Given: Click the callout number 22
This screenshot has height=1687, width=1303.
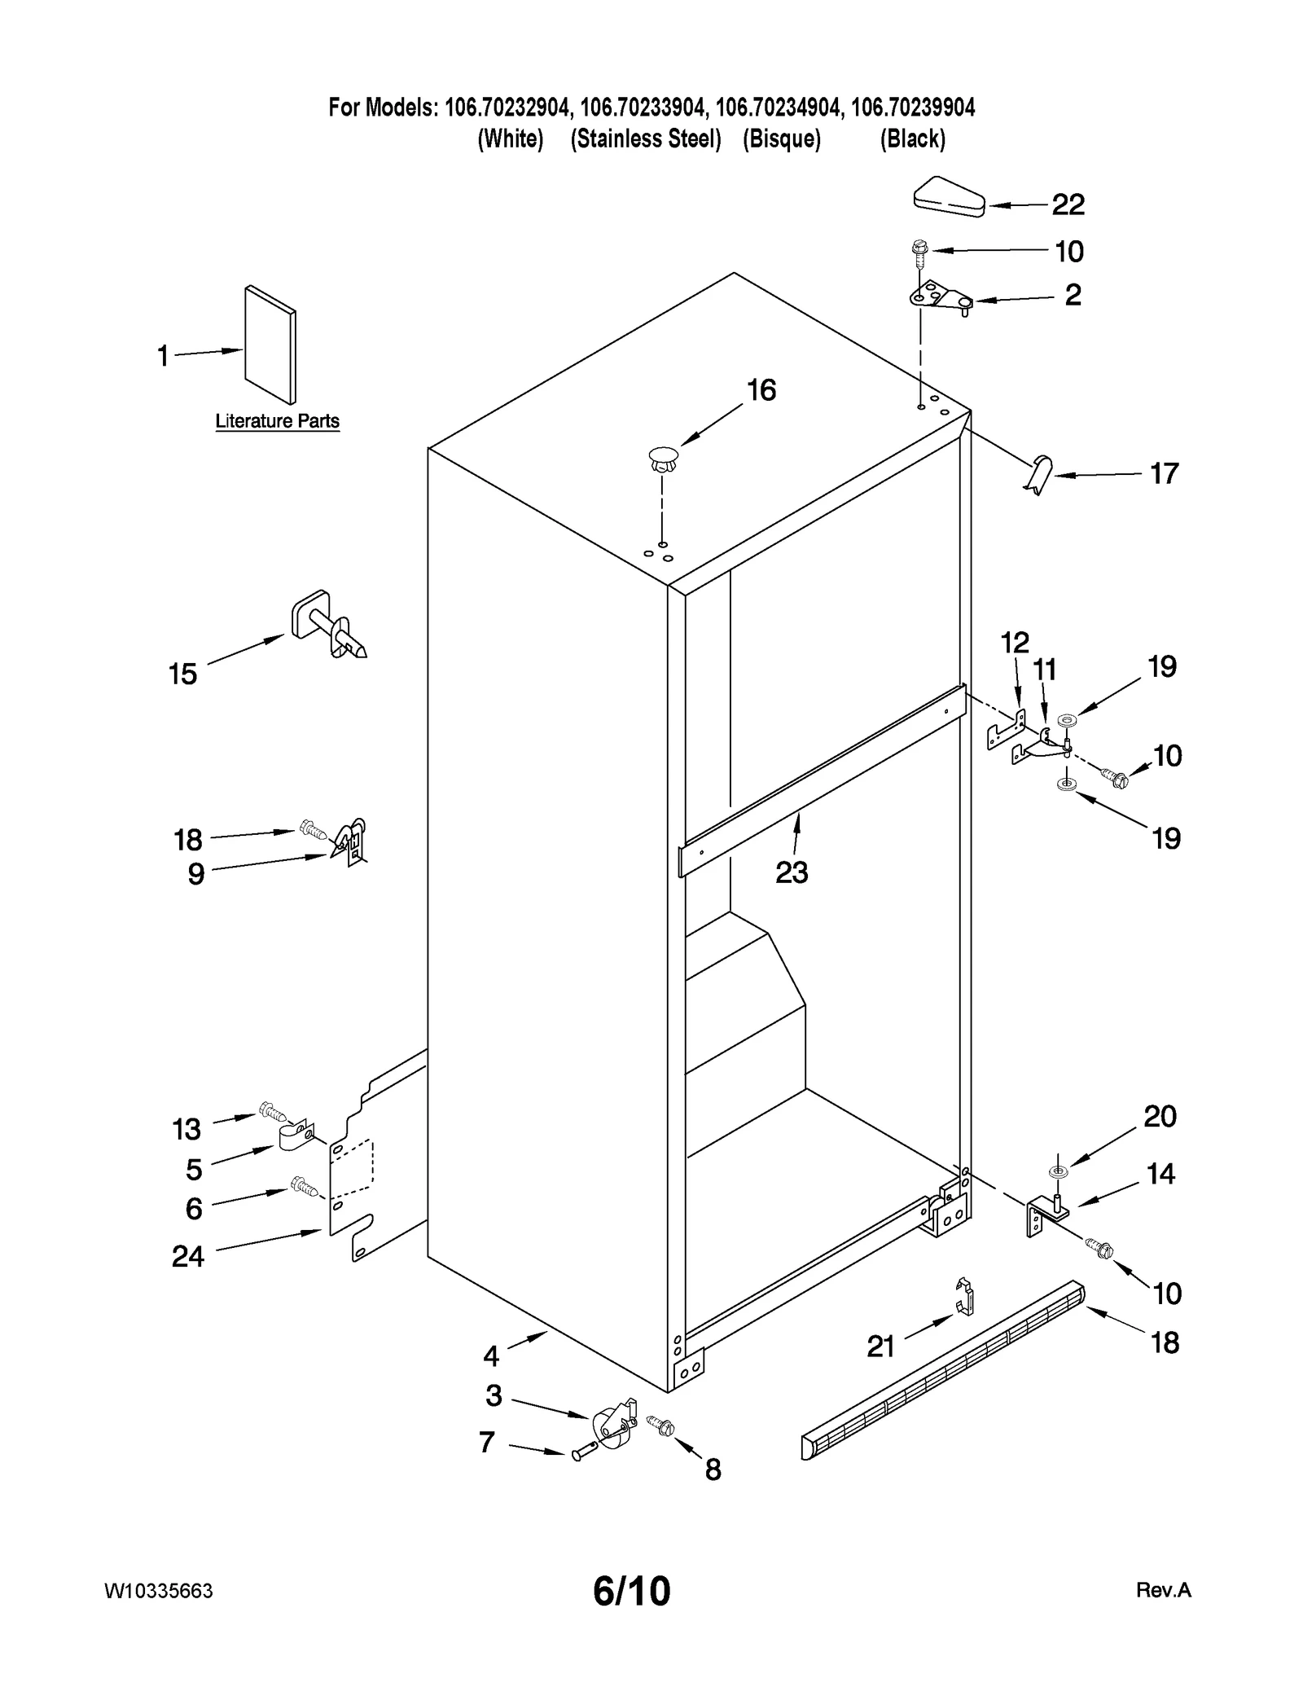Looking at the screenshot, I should pos(1068,204).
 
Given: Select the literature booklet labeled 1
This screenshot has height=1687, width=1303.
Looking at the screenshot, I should pos(270,344).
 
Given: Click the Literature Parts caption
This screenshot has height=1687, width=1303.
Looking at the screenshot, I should pos(277,421).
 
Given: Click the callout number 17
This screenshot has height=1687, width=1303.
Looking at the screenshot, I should pos(1164,473).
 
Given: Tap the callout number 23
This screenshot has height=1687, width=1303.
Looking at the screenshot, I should pos(791,872).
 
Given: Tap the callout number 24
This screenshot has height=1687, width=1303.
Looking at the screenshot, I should pos(187,1256).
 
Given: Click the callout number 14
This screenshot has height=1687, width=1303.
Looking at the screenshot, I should pos(1160,1174).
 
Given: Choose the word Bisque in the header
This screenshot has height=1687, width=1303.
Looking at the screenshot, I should pos(781,139).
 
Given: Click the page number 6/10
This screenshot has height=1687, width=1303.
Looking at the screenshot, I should pos(631,1590).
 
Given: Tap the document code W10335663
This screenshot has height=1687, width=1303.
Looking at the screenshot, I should pos(159,1591).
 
